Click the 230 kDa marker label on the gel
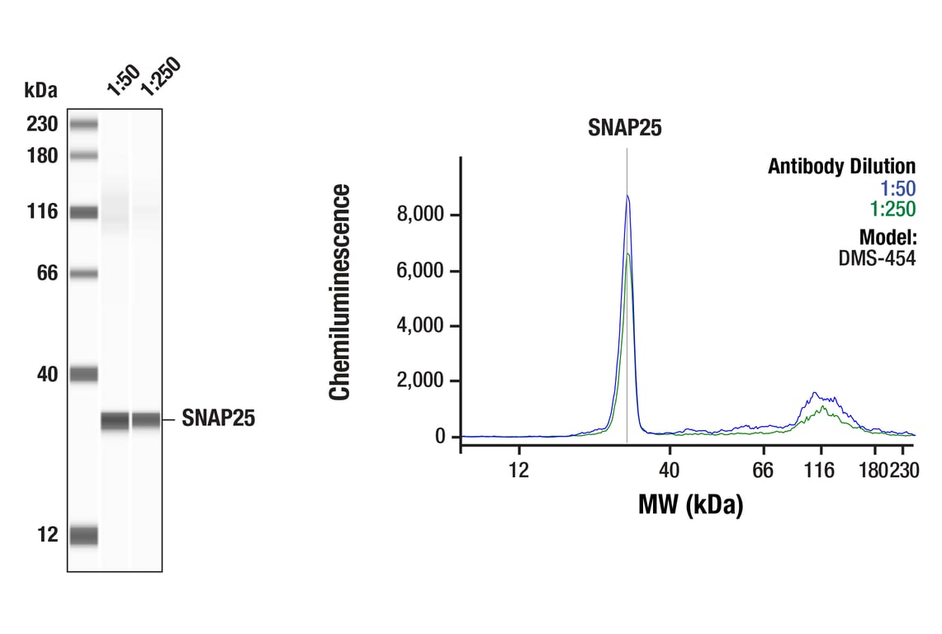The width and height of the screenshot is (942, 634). [41, 125]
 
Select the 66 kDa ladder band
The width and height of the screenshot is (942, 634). [83, 273]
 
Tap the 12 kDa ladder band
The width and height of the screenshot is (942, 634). [83, 535]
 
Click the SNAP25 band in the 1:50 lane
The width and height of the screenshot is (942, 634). [116, 420]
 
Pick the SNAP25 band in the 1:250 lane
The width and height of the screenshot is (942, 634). [146, 419]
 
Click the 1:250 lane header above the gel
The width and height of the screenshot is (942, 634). [159, 77]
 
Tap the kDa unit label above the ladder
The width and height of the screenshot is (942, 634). [41, 89]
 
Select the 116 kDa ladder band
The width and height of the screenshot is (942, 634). [83, 212]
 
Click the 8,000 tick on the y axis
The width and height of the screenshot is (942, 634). [422, 215]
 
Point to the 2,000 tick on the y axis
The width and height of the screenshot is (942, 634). [422, 381]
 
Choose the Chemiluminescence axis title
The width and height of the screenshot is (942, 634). [340, 293]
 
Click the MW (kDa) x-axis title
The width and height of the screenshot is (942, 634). [690, 504]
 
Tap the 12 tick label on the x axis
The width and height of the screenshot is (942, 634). [518, 471]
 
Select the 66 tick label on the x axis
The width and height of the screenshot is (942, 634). [763, 471]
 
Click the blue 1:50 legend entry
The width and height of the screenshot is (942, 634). [898, 188]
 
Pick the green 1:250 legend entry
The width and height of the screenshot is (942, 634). [892, 210]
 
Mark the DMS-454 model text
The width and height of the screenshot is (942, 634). [877, 258]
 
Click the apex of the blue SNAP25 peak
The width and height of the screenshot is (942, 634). [627, 196]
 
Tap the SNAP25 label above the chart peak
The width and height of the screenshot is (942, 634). [625, 127]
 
